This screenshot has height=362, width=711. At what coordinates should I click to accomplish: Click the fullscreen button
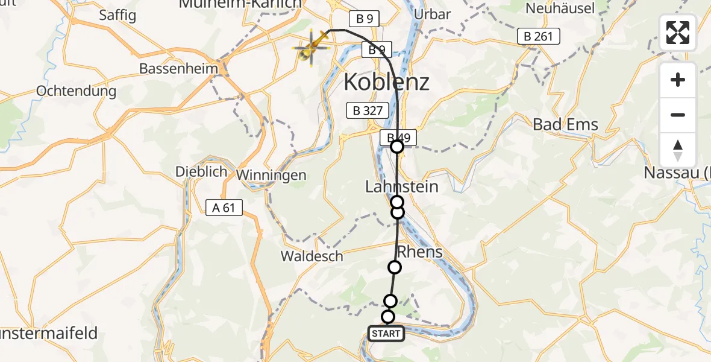(x=678, y=33)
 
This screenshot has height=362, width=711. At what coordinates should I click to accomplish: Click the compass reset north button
(x=678, y=150)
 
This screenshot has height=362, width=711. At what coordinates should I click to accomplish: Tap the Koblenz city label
(x=386, y=82)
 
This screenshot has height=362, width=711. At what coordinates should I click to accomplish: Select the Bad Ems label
(x=566, y=125)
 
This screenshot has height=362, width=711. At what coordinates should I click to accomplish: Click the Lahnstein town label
(x=402, y=187)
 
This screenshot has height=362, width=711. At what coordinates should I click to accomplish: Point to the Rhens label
(x=420, y=252)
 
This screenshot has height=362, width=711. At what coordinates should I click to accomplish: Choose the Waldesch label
(x=312, y=256)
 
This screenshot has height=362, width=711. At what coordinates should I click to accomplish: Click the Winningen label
(x=272, y=175)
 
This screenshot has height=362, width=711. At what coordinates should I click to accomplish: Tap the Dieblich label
(x=201, y=171)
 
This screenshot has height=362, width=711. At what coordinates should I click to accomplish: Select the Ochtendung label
(x=77, y=91)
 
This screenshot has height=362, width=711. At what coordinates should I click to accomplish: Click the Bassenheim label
(x=178, y=68)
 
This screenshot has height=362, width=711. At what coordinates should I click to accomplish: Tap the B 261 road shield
(x=539, y=37)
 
